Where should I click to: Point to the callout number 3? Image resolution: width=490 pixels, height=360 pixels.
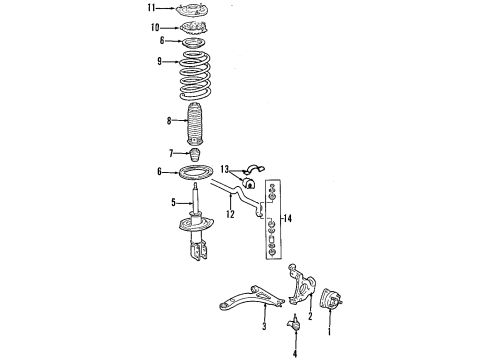click(x=263, y=326)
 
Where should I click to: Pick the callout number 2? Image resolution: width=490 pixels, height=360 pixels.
click(x=310, y=317)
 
